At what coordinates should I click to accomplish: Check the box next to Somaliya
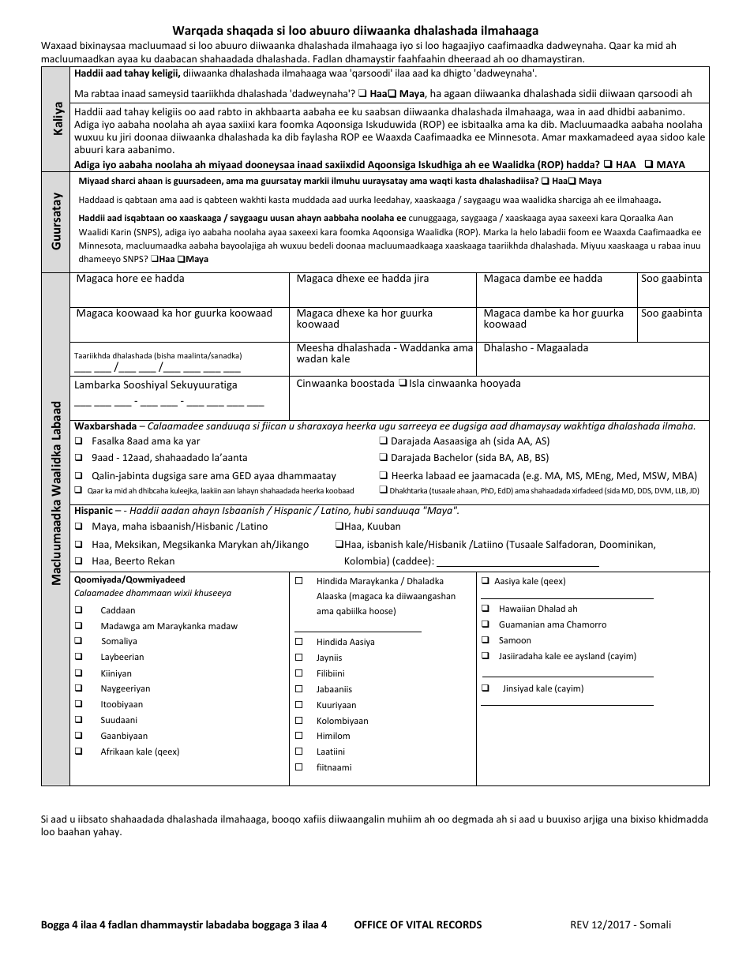click(79, 641)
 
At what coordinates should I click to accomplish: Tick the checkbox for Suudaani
click(79, 720)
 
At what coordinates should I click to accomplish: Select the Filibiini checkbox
click(298, 673)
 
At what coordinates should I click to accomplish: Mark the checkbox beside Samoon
click(485, 640)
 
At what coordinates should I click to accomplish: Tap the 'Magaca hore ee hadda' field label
click(130, 279)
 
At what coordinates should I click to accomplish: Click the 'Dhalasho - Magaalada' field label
click(535, 347)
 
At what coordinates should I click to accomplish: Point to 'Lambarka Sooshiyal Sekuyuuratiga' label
click(156, 385)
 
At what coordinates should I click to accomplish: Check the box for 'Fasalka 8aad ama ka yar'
click(79, 441)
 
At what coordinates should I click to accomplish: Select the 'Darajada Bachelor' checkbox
click(383, 458)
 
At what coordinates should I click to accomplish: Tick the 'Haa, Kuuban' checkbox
click(338, 527)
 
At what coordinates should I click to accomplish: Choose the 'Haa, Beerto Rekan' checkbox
click(79, 561)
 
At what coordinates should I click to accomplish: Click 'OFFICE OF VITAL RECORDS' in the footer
click(418, 924)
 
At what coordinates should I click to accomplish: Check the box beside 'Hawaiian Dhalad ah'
click(485, 609)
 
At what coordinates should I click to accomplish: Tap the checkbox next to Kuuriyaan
click(298, 705)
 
